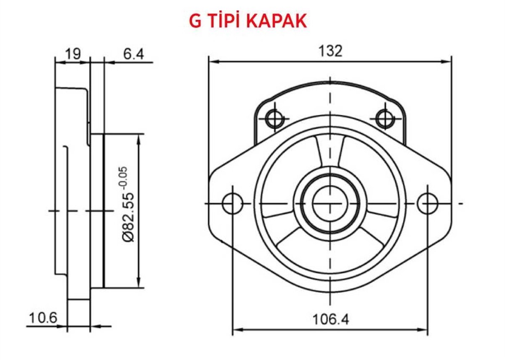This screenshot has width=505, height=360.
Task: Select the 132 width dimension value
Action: coord(330,51)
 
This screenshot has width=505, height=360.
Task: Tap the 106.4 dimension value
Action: coord(330,320)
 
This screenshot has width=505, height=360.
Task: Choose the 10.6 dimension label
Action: coord(43,318)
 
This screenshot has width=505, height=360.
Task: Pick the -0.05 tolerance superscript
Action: coord(123,178)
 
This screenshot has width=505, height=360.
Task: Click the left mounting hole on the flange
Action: coord(232,204)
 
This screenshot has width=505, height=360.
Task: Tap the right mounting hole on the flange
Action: coord(428,204)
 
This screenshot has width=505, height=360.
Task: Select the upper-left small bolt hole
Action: coord(275,118)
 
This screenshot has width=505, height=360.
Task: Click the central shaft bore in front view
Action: coord(330,204)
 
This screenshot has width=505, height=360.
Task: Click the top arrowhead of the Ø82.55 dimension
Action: coord(138,138)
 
